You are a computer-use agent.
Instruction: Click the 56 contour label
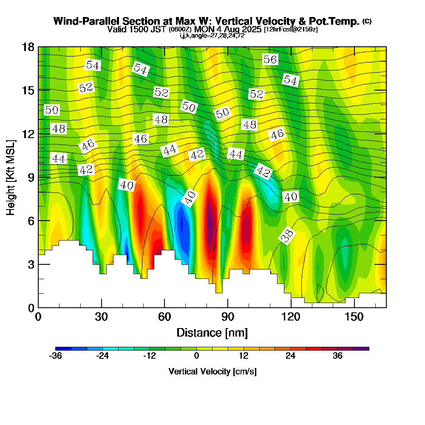[x=270, y=59]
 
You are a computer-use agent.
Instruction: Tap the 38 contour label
[x=287, y=236]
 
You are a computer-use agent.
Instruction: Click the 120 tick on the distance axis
[x=291, y=317]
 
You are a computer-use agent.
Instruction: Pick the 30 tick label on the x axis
[x=101, y=317]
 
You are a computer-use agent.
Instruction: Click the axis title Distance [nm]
[x=212, y=332]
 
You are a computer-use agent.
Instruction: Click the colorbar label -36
[x=56, y=356]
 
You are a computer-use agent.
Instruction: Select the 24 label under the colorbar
[x=290, y=356]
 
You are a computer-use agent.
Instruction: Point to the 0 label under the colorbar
[x=196, y=356]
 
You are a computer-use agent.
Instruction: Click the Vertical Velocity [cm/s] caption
[x=212, y=371]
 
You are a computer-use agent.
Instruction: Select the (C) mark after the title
[x=367, y=21]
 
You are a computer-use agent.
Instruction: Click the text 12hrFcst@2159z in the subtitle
[x=291, y=30]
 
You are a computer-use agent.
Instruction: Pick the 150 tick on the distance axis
[x=354, y=317]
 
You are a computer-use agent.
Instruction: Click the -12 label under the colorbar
[x=150, y=356]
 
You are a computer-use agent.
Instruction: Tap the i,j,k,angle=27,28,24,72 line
[x=212, y=35]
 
